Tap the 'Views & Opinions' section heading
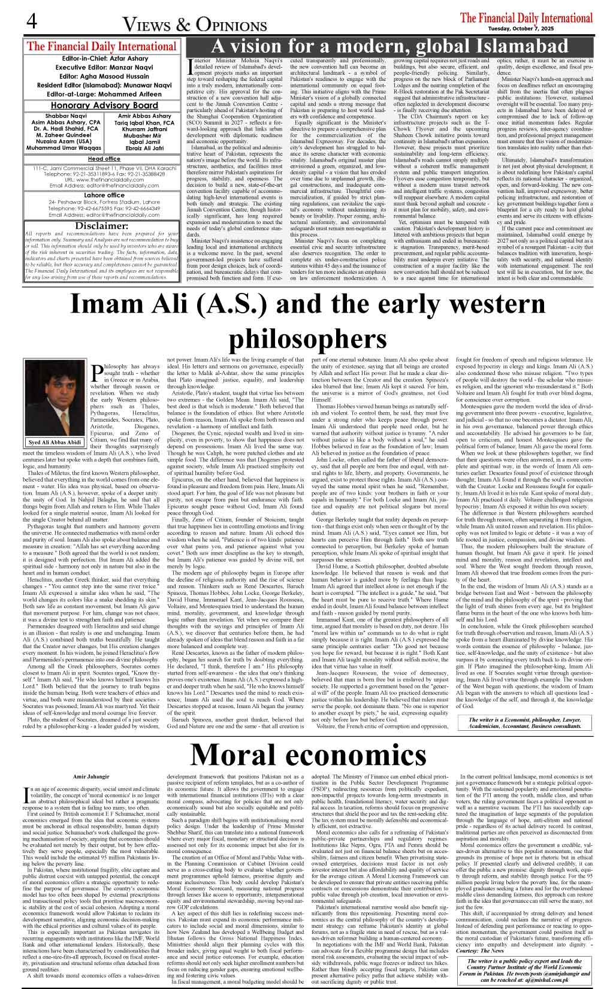(195, 25)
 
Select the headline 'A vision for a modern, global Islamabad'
(392, 46)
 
